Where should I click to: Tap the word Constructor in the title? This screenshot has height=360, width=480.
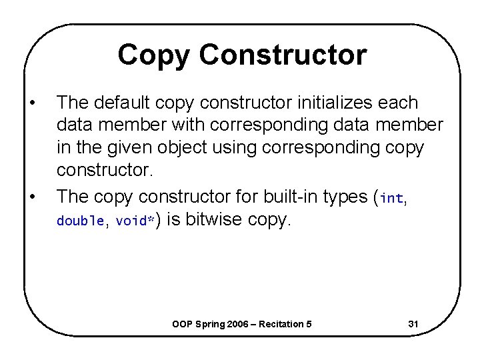click(x=283, y=55)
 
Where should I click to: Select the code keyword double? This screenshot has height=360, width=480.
click(x=80, y=221)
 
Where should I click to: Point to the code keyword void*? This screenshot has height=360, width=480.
click(x=135, y=221)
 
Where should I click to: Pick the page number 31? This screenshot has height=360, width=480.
click(x=413, y=324)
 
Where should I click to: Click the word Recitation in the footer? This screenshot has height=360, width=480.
click(x=283, y=324)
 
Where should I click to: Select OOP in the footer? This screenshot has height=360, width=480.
click(x=182, y=324)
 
